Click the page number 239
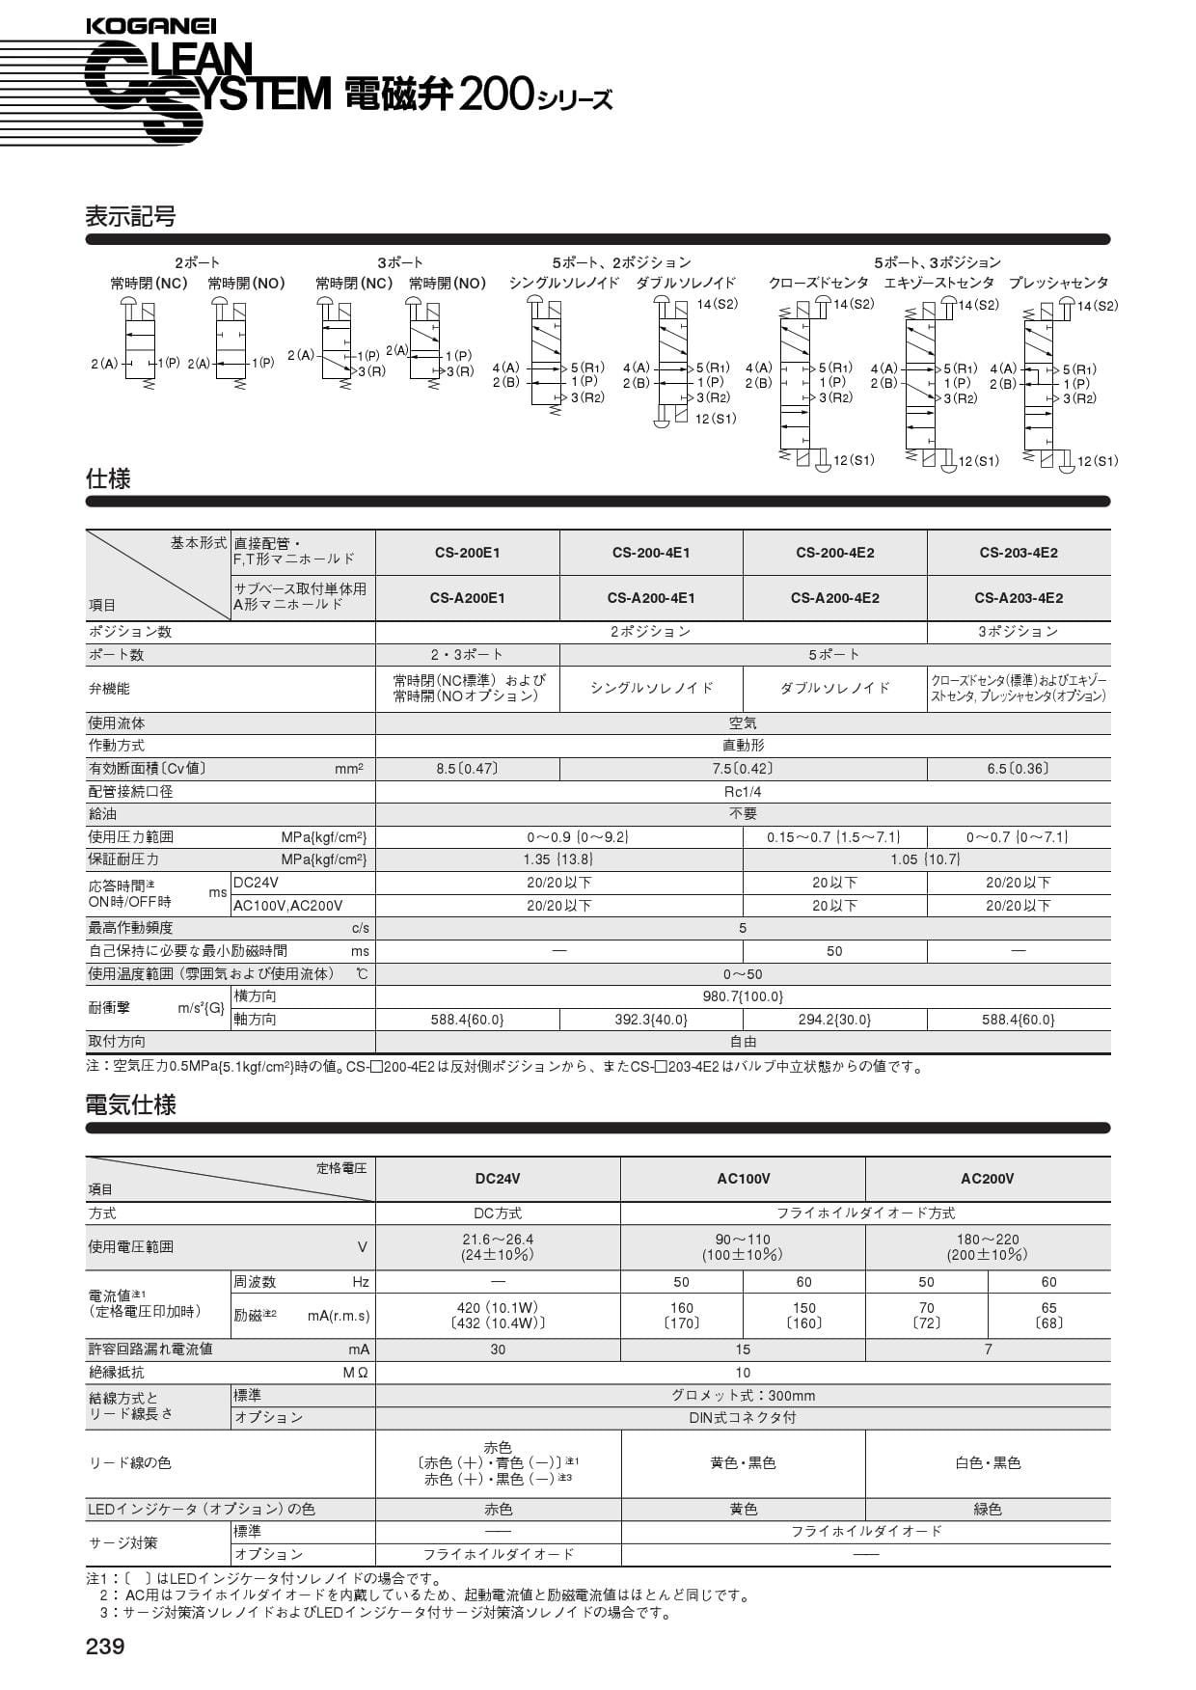click(105, 1647)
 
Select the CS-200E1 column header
click(467, 553)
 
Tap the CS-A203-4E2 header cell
click(1018, 598)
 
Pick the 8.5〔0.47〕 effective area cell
click(467, 769)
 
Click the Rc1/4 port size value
click(743, 792)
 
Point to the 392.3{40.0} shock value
click(651, 1020)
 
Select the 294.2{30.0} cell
click(834, 1020)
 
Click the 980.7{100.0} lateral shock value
click(743, 996)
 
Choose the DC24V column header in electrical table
click(498, 1179)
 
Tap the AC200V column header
click(987, 1179)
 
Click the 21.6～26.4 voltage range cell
click(498, 1240)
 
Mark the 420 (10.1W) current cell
click(498, 1309)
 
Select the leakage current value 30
click(498, 1349)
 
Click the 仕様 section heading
click(108, 479)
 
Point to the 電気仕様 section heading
click(131, 1105)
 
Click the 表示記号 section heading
click(131, 217)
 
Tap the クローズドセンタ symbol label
click(818, 284)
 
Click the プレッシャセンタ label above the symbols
click(1058, 284)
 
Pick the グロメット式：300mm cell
click(743, 1396)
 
